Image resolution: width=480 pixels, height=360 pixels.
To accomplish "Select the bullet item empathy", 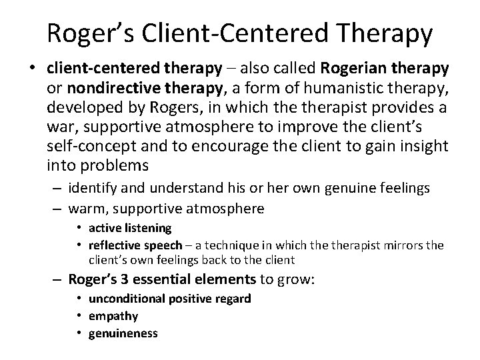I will [x=111, y=315].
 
